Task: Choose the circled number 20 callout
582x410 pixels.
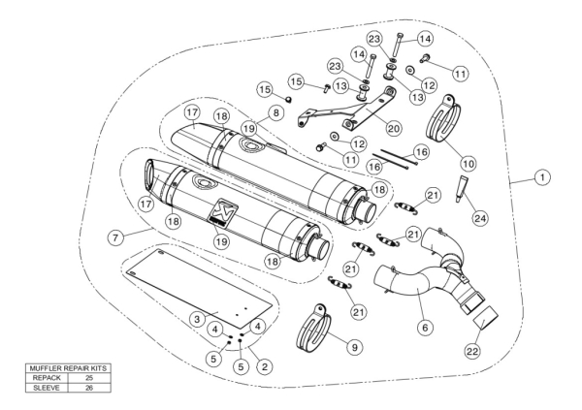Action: tap(393, 127)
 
